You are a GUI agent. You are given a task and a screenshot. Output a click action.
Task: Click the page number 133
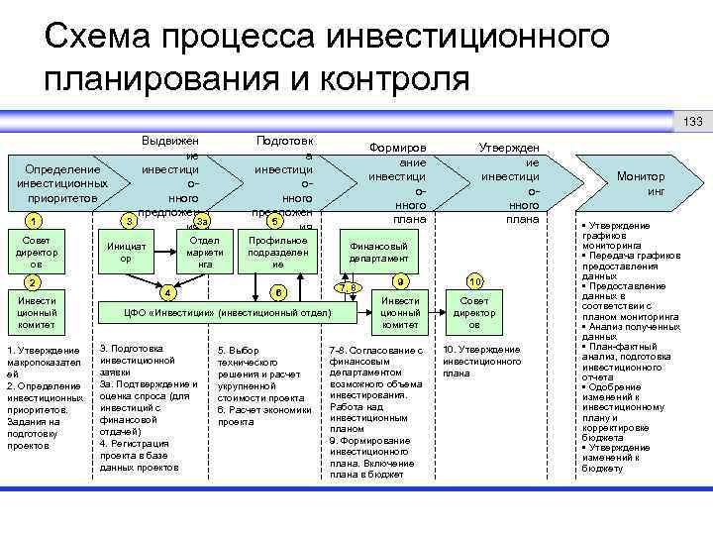pyautogui.click(x=692, y=122)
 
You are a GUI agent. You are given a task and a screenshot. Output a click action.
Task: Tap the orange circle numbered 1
pyautogui.click(x=35, y=220)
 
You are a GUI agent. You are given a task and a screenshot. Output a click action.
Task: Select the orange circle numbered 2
pyautogui.click(x=35, y=282)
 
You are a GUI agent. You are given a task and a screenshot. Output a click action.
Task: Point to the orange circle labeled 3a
pyautogui.click(x=201, y=220)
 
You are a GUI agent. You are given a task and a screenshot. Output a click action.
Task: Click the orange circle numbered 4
pyautogui.click(x=169, y=292)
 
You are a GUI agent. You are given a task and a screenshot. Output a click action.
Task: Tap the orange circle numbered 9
pyautogui.click(x=399, y=280)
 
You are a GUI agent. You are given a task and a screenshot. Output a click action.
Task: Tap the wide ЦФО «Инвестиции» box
pyautogui.click(x=226, y=313)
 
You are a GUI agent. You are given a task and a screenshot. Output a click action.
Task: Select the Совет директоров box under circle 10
pyautogui.click(x=474, y=312)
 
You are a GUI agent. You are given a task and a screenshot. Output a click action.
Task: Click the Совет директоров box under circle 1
pyautogui.click(x=36, y=252)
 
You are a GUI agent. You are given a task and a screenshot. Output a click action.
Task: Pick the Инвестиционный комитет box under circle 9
pyautogui.click(x=400, y=312)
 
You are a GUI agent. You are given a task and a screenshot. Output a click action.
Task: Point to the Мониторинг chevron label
pyautogui.click(x=641, y=183)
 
